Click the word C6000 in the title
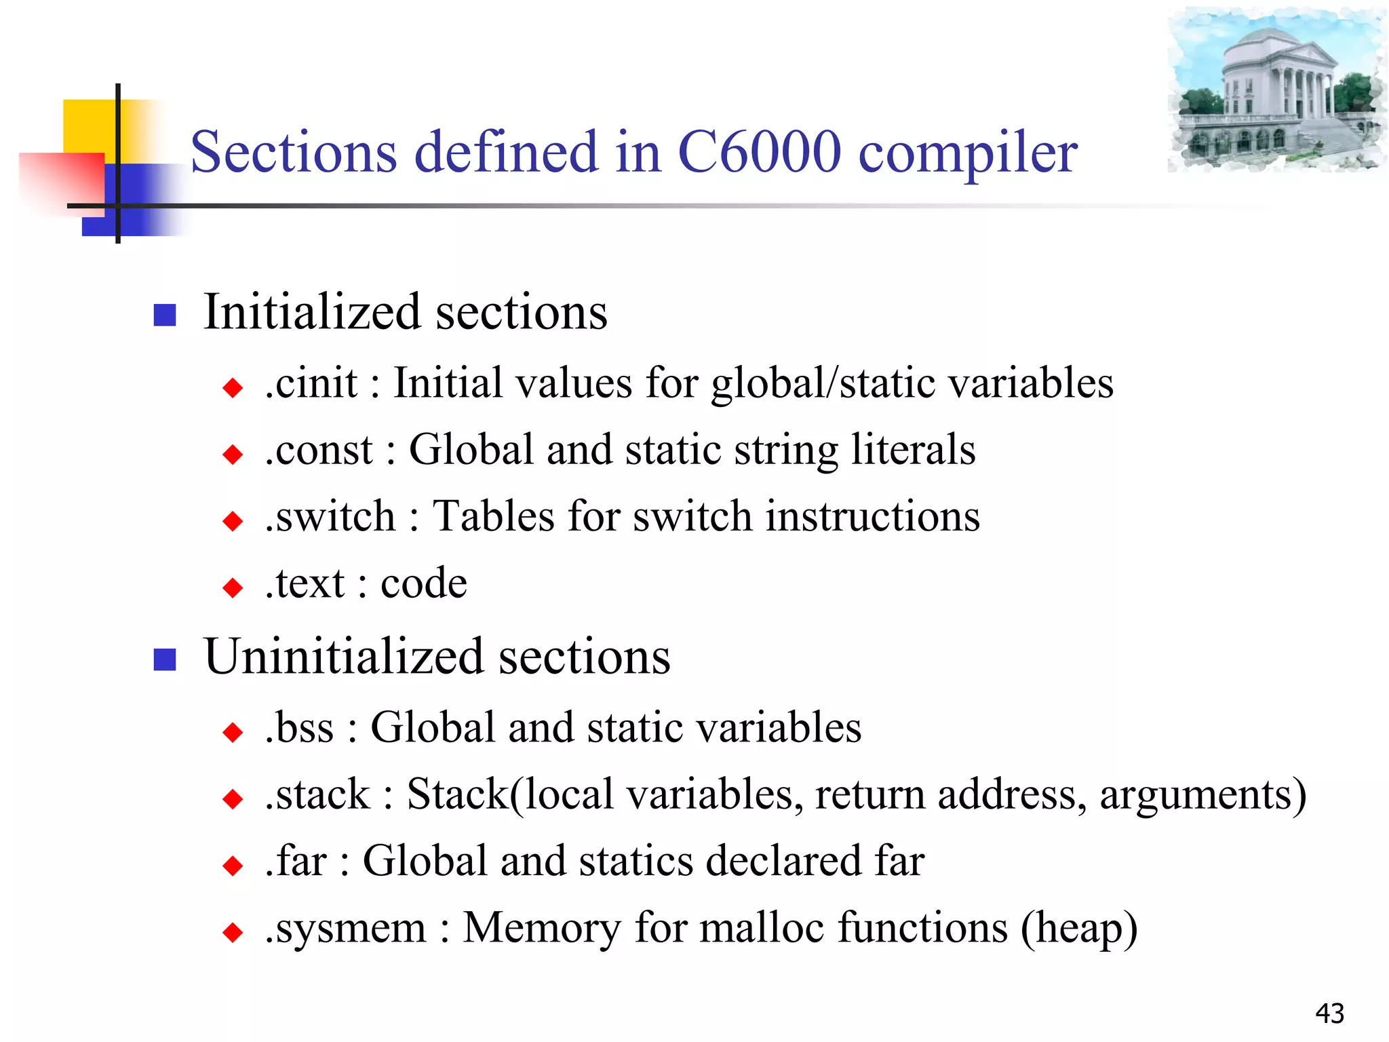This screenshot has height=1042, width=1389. click(x=759, y=152)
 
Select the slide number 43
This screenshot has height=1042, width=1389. click(x=1329, y=1014)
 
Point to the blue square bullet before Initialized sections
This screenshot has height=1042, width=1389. click(x=165, y=315)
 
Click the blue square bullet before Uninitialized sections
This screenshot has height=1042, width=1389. click(x=165, y=659)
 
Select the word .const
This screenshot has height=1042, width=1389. click(x=319, y=450)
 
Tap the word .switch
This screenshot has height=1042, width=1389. click(x=330, y=516)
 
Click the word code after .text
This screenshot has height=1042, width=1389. click(x=424, y=583)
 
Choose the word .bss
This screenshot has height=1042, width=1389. click(x=299, y=727)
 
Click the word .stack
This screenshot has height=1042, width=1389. click(x=317, y=794)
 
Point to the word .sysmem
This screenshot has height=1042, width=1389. click(x=346, y=928)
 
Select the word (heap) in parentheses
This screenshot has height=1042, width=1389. click(x=1079, y=928)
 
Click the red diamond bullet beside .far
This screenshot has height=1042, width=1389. click(x=233, y=866)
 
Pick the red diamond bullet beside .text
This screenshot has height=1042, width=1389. click(x=233, y=587)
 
